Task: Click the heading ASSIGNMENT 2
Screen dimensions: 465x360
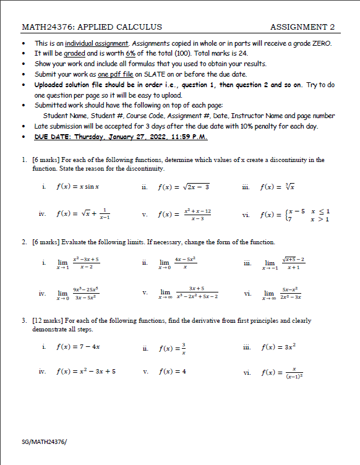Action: tap(302, 27)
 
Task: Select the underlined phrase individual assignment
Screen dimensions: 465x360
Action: tap(96, 43)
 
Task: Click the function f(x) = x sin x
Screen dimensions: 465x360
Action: tap(78, 186)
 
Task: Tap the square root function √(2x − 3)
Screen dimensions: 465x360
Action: tap(184, 186)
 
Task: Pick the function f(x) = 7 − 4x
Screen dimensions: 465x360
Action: tap(78, 348)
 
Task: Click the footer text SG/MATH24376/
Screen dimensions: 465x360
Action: tap(44, 442)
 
